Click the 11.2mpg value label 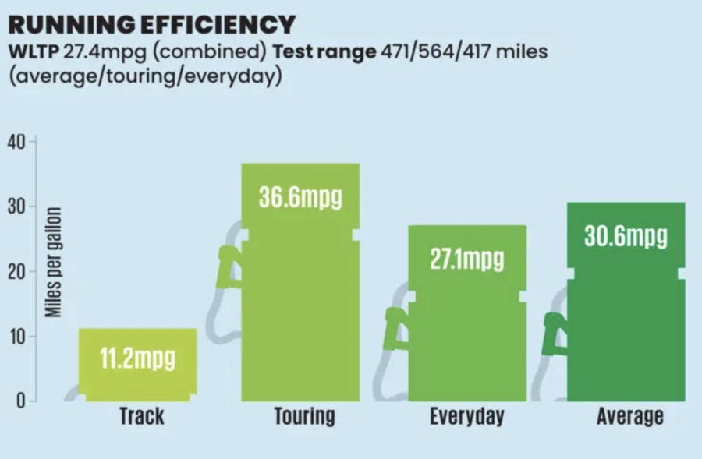[x=137, y=359]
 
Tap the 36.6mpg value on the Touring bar [x=300, y=197]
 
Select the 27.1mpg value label [x=466, y=259]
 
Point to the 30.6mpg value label [x=626, y=236]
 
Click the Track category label [x=141, y=415]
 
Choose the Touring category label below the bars [x=304, y=415]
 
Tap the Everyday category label [x=466, y=415]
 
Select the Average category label [x=629, y=415]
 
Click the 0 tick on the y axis [x=23, y=401]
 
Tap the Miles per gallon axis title [x=52, y=261]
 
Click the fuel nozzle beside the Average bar [x=555, y=332]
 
